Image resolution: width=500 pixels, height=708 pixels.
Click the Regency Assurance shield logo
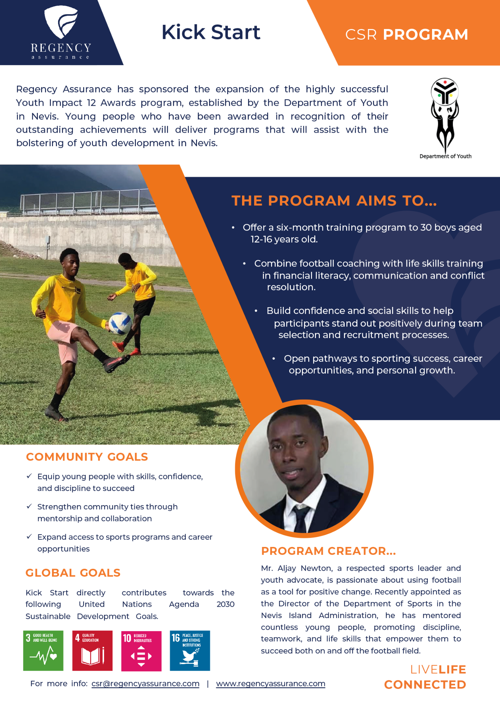[61, 22]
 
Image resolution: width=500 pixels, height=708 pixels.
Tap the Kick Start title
[211, 33]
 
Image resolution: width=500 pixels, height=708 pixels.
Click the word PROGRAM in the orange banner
[425, 35]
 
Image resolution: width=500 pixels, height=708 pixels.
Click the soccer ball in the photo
[120, 323]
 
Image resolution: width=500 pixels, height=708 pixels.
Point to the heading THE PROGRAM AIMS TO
[334, 201]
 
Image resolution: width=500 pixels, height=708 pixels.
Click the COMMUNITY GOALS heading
[87, 457]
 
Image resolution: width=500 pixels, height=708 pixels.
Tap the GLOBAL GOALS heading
[73, 573]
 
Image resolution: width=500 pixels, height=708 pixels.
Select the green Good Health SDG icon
[43, 651]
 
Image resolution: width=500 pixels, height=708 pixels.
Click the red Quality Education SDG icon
[92, 651]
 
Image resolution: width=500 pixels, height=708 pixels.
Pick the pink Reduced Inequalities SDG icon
[141, 651]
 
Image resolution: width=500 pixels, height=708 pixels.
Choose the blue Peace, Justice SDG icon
[190, 651]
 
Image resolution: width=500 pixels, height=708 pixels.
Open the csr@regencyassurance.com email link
[145, 684]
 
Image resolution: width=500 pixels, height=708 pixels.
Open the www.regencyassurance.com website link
[270, 684]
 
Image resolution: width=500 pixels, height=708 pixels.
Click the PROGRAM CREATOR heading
[328, 551]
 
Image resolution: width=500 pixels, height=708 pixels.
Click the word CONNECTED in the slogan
[425, 685]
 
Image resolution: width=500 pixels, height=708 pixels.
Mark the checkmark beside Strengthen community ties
[29, 506]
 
